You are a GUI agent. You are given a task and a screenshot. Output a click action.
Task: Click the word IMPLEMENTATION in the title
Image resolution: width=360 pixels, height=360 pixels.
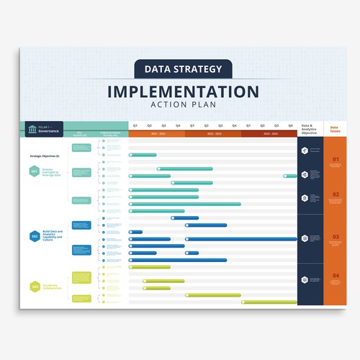coord(183,92)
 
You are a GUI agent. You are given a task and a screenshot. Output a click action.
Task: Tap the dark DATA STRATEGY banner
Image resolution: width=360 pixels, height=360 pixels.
coord(183,69)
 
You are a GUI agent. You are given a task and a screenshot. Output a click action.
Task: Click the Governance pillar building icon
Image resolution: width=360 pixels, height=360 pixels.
coord(32,129)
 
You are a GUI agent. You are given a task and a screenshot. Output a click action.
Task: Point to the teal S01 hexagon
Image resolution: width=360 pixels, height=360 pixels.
coord(34,171)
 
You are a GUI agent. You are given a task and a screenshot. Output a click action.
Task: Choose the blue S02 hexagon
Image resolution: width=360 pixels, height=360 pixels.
coord(34,236)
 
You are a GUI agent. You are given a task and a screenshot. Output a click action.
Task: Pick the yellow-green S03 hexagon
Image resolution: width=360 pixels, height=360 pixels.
coord(34,287)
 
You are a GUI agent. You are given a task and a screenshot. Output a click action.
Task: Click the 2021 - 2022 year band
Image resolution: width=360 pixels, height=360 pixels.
coord(156,134)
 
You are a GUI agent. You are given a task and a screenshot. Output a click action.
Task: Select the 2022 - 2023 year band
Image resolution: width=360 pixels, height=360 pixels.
coord(213,134)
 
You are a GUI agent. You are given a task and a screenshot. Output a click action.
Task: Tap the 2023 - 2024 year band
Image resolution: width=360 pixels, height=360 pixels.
coord(269,134)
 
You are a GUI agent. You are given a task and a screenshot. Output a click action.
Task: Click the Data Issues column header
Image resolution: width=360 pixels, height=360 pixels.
coord(335,129)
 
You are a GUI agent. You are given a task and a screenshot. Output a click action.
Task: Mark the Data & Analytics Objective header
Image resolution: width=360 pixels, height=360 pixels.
coord(310,130)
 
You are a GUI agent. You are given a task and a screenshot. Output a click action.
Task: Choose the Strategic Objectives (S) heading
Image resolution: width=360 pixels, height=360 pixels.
coord(45,156)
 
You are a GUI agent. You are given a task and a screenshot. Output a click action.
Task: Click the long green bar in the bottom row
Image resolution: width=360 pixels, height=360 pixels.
coord(269,302)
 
